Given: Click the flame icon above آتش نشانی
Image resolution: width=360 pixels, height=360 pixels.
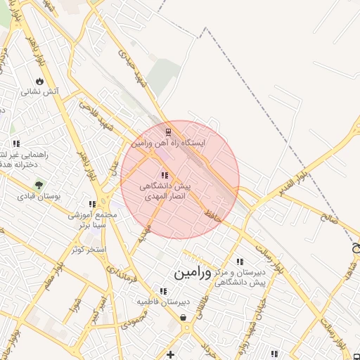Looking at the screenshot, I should pos(38,81).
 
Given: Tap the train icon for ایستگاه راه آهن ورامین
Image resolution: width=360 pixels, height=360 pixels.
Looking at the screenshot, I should pos(167,131).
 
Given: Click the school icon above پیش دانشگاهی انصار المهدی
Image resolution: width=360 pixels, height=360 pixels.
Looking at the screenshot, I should pos(165,176).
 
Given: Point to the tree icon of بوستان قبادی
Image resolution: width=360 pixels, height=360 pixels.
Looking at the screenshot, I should pos(39,185).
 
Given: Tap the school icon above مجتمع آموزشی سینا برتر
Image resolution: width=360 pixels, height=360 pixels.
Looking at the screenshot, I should pos(92,205).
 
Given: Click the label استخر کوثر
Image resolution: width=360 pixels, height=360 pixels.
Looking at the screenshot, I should pos(88,249).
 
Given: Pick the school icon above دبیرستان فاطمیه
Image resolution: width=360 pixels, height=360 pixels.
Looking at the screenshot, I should pos(163,291).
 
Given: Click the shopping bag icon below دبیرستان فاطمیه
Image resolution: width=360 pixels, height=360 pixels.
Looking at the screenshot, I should pos(184,318).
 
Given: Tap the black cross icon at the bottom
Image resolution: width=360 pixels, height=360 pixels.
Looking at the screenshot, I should pos(169,354).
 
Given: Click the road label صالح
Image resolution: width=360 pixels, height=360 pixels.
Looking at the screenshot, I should pos(328,219).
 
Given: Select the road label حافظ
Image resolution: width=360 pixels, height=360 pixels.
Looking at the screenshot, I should pos(213,214).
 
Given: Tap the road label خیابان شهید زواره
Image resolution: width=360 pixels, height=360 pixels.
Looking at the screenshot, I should pos(252,323).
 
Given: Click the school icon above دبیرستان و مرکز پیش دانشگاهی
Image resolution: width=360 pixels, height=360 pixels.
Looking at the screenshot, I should pos(240,262).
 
